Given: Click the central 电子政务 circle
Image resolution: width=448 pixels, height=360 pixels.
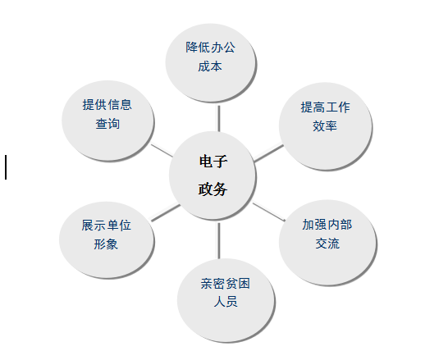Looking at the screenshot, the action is [213, 175].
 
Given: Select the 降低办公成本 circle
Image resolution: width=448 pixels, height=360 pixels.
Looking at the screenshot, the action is [211, 63].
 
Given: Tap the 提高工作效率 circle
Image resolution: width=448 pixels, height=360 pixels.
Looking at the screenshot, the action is [326, 126].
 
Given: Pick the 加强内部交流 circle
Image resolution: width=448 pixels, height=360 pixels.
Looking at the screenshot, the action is [327, 243].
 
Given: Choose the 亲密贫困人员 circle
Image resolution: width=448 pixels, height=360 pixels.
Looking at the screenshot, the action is [226, 300].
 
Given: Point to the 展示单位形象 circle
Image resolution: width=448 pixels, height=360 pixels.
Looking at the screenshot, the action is [107, 239].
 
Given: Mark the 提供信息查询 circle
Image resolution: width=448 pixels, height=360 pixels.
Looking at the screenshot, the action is [107, 121].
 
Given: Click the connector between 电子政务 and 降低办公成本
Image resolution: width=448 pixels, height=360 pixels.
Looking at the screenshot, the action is [219, 118].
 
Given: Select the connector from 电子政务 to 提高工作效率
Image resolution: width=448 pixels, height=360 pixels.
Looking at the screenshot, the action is [268, 153].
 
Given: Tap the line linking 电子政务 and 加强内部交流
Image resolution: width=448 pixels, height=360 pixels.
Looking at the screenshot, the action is [269, 212].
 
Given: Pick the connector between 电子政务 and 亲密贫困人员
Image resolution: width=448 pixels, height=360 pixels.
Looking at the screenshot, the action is [219, 240].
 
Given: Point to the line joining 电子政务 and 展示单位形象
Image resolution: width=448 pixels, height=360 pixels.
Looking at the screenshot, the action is [165, 212].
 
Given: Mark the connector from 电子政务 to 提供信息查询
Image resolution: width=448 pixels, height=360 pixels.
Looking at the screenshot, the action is [162, 150].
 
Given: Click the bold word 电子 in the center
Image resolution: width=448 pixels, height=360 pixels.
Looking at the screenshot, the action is [213, 162].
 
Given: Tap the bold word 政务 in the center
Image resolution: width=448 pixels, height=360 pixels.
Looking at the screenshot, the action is [213, 189].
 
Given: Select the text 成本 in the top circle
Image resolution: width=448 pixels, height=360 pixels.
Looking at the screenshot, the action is [210, 66].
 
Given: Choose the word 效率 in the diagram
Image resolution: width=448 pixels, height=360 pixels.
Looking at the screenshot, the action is [325, 126].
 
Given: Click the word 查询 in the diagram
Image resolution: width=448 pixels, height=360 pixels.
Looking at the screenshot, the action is [107, 124].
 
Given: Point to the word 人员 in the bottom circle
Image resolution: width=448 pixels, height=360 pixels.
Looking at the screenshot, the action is [226, 302].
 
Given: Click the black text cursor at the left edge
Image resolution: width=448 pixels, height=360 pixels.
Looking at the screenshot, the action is [6, 167].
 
